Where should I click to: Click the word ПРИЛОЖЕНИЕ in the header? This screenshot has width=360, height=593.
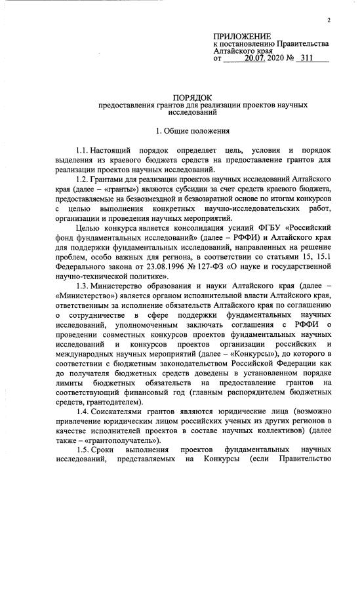(241, 35)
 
